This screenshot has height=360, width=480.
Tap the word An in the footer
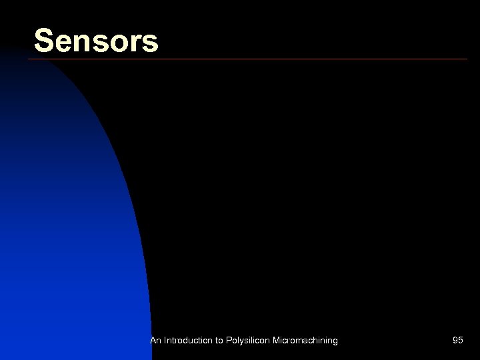pyautogui.click(x=155, y=341)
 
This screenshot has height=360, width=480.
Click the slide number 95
pyautogui.click(x=457, y=341)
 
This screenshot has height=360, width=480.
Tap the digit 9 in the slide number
pyautogui.click(x=455, y=341)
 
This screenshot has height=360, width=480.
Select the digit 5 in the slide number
pyautogui.click(x=461, y=341)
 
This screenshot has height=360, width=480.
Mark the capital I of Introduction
pyautogui.click(x=165, y=341)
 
